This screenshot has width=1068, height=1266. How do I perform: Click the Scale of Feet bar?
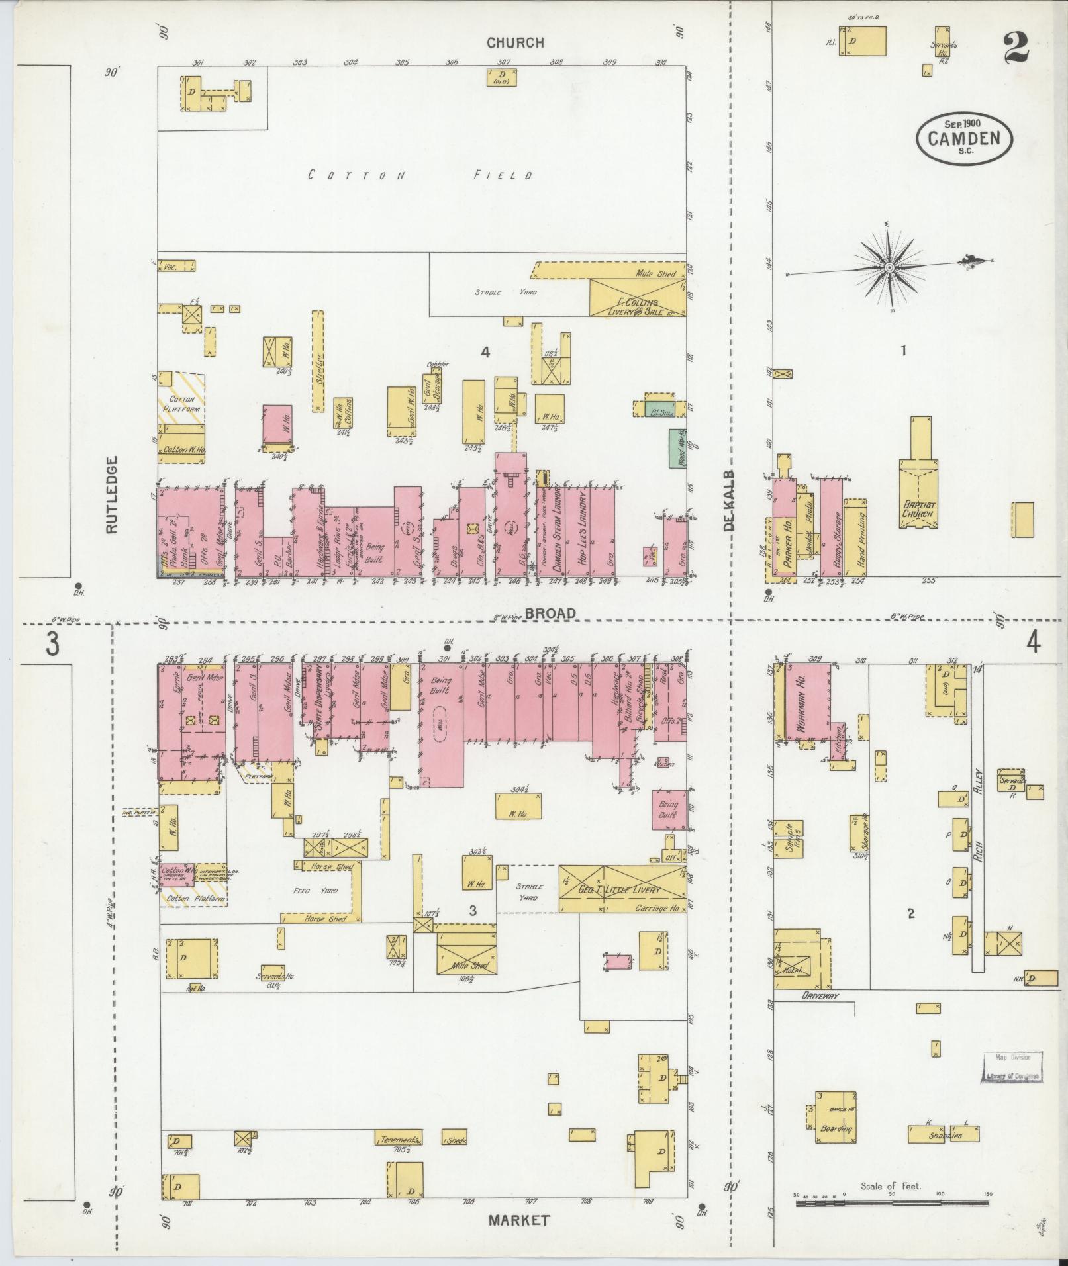892,1198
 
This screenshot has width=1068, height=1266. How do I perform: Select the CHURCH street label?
515,43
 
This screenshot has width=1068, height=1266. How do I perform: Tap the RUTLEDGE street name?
111,494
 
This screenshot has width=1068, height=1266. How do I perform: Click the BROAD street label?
551,614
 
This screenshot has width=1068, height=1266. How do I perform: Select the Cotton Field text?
422,175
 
